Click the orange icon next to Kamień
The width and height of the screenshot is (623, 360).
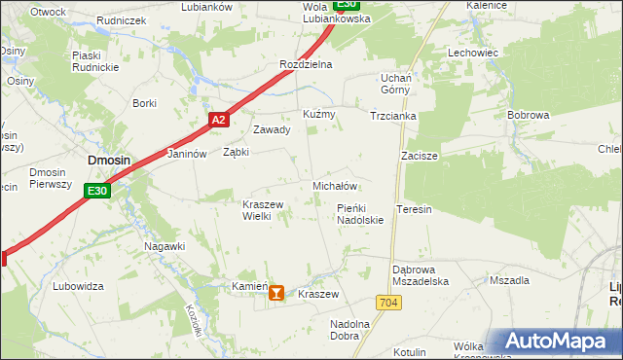(277, 291)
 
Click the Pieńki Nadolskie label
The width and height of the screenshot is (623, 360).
(360, 214)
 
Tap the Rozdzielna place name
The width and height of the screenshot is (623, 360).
(306, 64)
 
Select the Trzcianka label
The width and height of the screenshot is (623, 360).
(393, 115)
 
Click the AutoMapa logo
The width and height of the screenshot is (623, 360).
(558, 342)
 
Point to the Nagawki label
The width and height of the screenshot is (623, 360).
(165, 246)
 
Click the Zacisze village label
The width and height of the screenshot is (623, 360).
(420, 156)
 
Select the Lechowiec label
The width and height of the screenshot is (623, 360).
(473, 53)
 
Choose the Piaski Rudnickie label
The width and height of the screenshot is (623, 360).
(94, 61)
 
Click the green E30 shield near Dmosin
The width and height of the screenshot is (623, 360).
(96, 191)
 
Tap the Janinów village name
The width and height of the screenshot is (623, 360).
(188, 154)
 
